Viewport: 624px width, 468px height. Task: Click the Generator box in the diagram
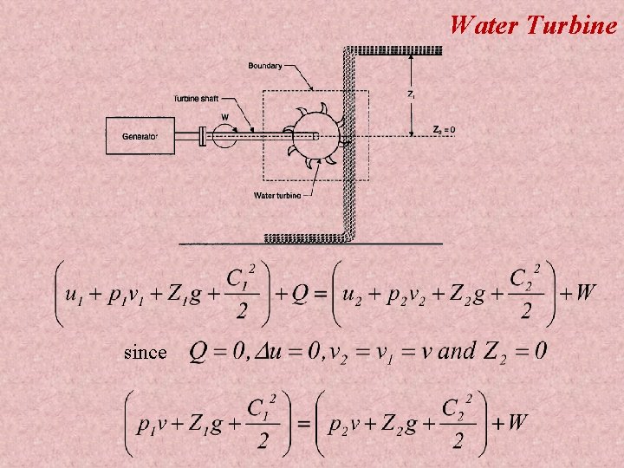(140, 135)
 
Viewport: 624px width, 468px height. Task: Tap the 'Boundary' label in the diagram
(264, 66)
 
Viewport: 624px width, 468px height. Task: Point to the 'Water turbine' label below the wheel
(277, 195)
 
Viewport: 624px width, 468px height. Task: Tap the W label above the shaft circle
(225, 117)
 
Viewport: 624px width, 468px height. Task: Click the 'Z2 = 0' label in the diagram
(445, 130)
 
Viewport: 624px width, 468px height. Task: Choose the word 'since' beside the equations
(145, 352)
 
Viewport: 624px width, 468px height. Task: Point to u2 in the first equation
(352, 294)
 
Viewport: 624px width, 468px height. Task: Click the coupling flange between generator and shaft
(201, 135)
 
